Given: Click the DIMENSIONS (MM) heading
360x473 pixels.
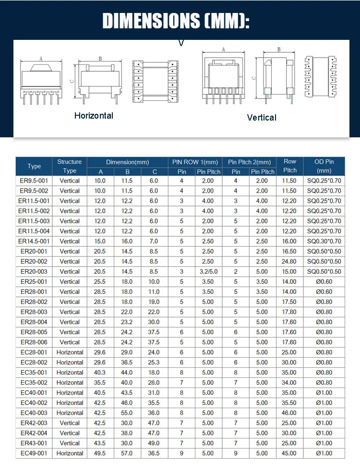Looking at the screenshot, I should pyautogui.click(x=176, y=22).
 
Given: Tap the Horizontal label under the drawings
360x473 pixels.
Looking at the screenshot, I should pyautogui.click(x=94, y=116).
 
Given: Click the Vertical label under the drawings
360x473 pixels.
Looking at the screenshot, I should pyautogui.click(x=262, y=118).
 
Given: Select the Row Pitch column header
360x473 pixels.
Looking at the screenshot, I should pyautogui.click(x=290, y=166).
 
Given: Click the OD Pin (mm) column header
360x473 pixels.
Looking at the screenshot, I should pyautogui.click(x=324, y=166).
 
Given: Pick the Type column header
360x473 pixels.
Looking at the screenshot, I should pyautogui.click(x=34, y=166).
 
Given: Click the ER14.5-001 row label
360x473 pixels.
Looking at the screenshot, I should pyautogui.click(x=34, y=241).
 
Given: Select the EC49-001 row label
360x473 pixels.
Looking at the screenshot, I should pyautogui.click(x=34, y=453).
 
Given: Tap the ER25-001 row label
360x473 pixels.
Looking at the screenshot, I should pyautogui.click(x=34, y=281).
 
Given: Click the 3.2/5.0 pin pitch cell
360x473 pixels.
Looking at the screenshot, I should pyautogui.click(x=208, y=271).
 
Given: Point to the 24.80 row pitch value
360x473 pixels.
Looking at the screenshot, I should pyautogui.click(x=290, y=261).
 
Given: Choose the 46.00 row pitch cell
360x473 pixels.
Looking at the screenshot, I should pyautogui.click(x=290, y=413).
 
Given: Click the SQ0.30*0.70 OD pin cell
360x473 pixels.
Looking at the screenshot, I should pyautogui.click(x=324, y=241).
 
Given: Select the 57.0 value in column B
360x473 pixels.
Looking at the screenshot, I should pyautogui.click(x=127, y=453).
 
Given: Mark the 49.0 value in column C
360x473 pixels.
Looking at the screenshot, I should pyautogui.click(x=154, y=443).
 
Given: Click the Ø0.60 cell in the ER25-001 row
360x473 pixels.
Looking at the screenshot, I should pyautogui.click(x=324, y=281).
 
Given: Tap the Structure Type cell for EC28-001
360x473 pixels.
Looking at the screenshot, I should pyautogui.click(x=70, y=352).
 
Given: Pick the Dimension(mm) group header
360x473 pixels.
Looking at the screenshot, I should pyautogui.click(x=127, y=162).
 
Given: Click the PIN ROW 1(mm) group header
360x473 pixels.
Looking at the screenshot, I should pyautogui.click(x=195, y=162).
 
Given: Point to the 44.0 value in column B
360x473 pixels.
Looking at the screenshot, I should pyautogui.click(x=127, y=373).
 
